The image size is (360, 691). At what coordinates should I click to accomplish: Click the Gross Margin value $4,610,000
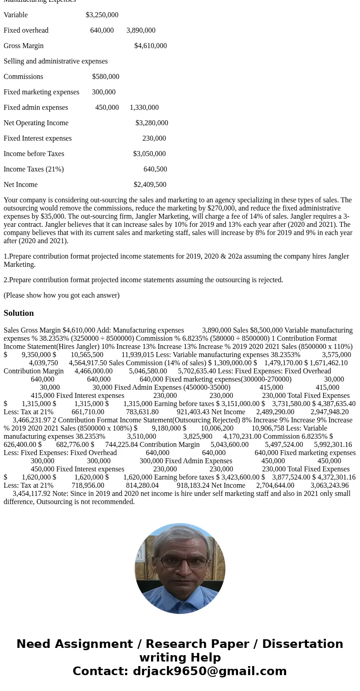click(x=150, y=46)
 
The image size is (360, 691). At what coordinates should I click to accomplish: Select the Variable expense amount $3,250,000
click(x=102, y=15)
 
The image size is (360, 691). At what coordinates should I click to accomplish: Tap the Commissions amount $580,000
click(x=106, y=77)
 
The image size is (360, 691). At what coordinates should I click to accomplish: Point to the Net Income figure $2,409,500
click(x=150, y=185)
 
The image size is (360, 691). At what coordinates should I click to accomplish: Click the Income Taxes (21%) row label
click(x=34, y=169)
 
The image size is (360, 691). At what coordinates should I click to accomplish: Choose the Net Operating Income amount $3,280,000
click(x=151, y=123)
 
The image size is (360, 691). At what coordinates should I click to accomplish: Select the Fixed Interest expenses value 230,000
click(x=154, y=138)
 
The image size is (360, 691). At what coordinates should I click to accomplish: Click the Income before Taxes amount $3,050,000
click(x=149, y=154)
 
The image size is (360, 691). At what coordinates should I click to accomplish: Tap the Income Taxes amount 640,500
click(x=155, y=169)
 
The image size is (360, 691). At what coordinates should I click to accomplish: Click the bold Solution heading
click(x=19, y=313)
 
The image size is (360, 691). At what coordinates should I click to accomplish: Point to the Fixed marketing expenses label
click(x=41, y=92)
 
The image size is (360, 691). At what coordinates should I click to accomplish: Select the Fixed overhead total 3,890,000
click(x=141, y=30)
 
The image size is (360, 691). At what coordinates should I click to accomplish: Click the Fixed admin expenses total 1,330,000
click(x=144, y=108)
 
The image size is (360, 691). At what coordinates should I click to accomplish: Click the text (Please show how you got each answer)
click(x=62, y=295)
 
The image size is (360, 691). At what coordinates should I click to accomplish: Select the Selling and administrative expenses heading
click(x=56, y=61)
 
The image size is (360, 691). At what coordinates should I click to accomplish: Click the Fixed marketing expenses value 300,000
click(x=104, y=92)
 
